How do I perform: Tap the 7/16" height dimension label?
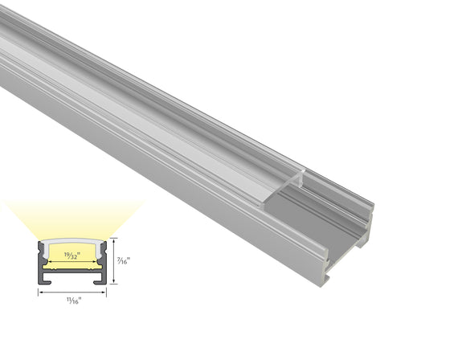[x=122, y=260]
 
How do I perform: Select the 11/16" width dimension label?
[x=72, y=301]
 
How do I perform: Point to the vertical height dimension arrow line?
[x=113, y=260]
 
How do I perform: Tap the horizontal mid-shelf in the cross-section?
[x=72, y=271]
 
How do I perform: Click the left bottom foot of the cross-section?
[x=45, y=280]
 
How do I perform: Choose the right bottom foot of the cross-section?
[x=100, y=280]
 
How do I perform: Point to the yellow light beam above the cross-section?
[x=72, y=217]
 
